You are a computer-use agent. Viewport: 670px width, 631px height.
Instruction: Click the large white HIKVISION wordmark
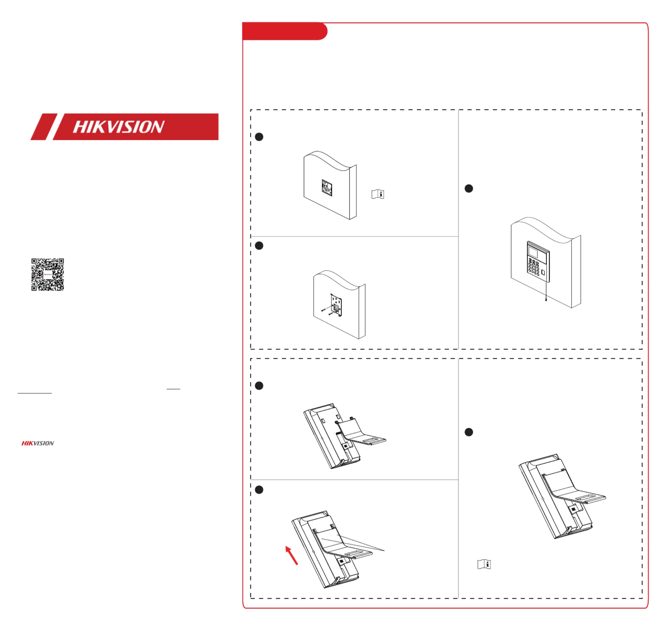[x=119, y=127]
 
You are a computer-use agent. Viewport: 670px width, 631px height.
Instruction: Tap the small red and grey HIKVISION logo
[x=38, y=443]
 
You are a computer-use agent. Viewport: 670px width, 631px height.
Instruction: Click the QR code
[x=47, y=274]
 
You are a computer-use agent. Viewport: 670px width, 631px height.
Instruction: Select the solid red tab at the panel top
[x=285, y=31]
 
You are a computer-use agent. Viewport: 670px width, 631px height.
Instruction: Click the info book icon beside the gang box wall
[x=378, y=194]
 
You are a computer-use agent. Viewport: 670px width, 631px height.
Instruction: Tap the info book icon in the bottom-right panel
[x=484, y=564]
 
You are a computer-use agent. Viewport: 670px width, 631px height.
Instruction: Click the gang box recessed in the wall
[x=327, y=188]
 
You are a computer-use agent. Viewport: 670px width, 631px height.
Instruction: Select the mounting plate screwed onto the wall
[x=336, y=305]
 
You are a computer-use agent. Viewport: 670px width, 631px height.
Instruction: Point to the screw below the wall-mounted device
[x=546, y=299]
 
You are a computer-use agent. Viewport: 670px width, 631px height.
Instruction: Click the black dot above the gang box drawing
[x=259, y=137]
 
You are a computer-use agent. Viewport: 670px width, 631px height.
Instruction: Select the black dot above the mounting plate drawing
[x=259, y=245]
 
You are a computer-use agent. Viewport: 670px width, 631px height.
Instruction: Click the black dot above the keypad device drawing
[x=469, y=188]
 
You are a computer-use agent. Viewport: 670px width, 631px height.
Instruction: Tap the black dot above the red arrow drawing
[x=259, y=490]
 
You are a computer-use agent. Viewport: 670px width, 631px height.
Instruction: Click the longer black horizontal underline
[x=35, y=393]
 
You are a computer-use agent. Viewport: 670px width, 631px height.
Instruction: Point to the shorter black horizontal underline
[x=173, y=389]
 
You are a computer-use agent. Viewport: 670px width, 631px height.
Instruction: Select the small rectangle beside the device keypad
[x=543, y=272]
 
